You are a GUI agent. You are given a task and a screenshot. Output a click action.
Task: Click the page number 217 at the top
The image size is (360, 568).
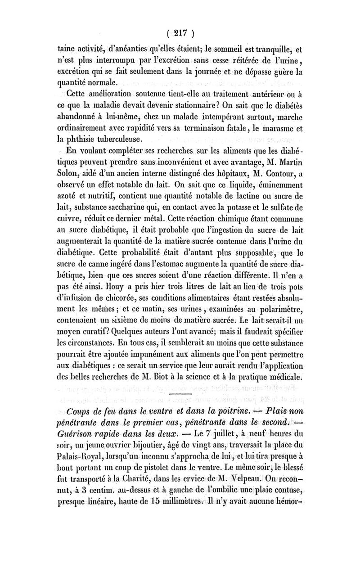[180, 33]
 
